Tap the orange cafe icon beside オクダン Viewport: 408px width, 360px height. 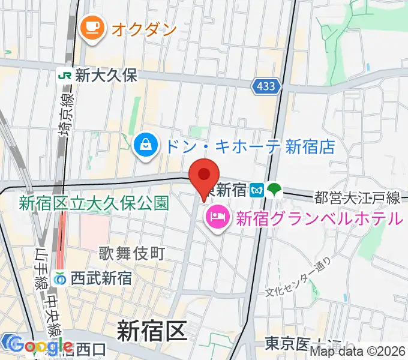point(92,28)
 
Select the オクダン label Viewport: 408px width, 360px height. point(144,28)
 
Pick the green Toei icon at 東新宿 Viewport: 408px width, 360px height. point(274,190)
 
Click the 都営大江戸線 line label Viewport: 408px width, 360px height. point(357,197)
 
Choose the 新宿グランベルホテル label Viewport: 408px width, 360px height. point(318,218)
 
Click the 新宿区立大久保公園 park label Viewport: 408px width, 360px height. point(93,203)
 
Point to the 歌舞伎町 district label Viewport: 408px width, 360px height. point(132,254)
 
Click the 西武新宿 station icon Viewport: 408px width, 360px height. point(60,278)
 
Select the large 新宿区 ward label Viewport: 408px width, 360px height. point(152,331)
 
